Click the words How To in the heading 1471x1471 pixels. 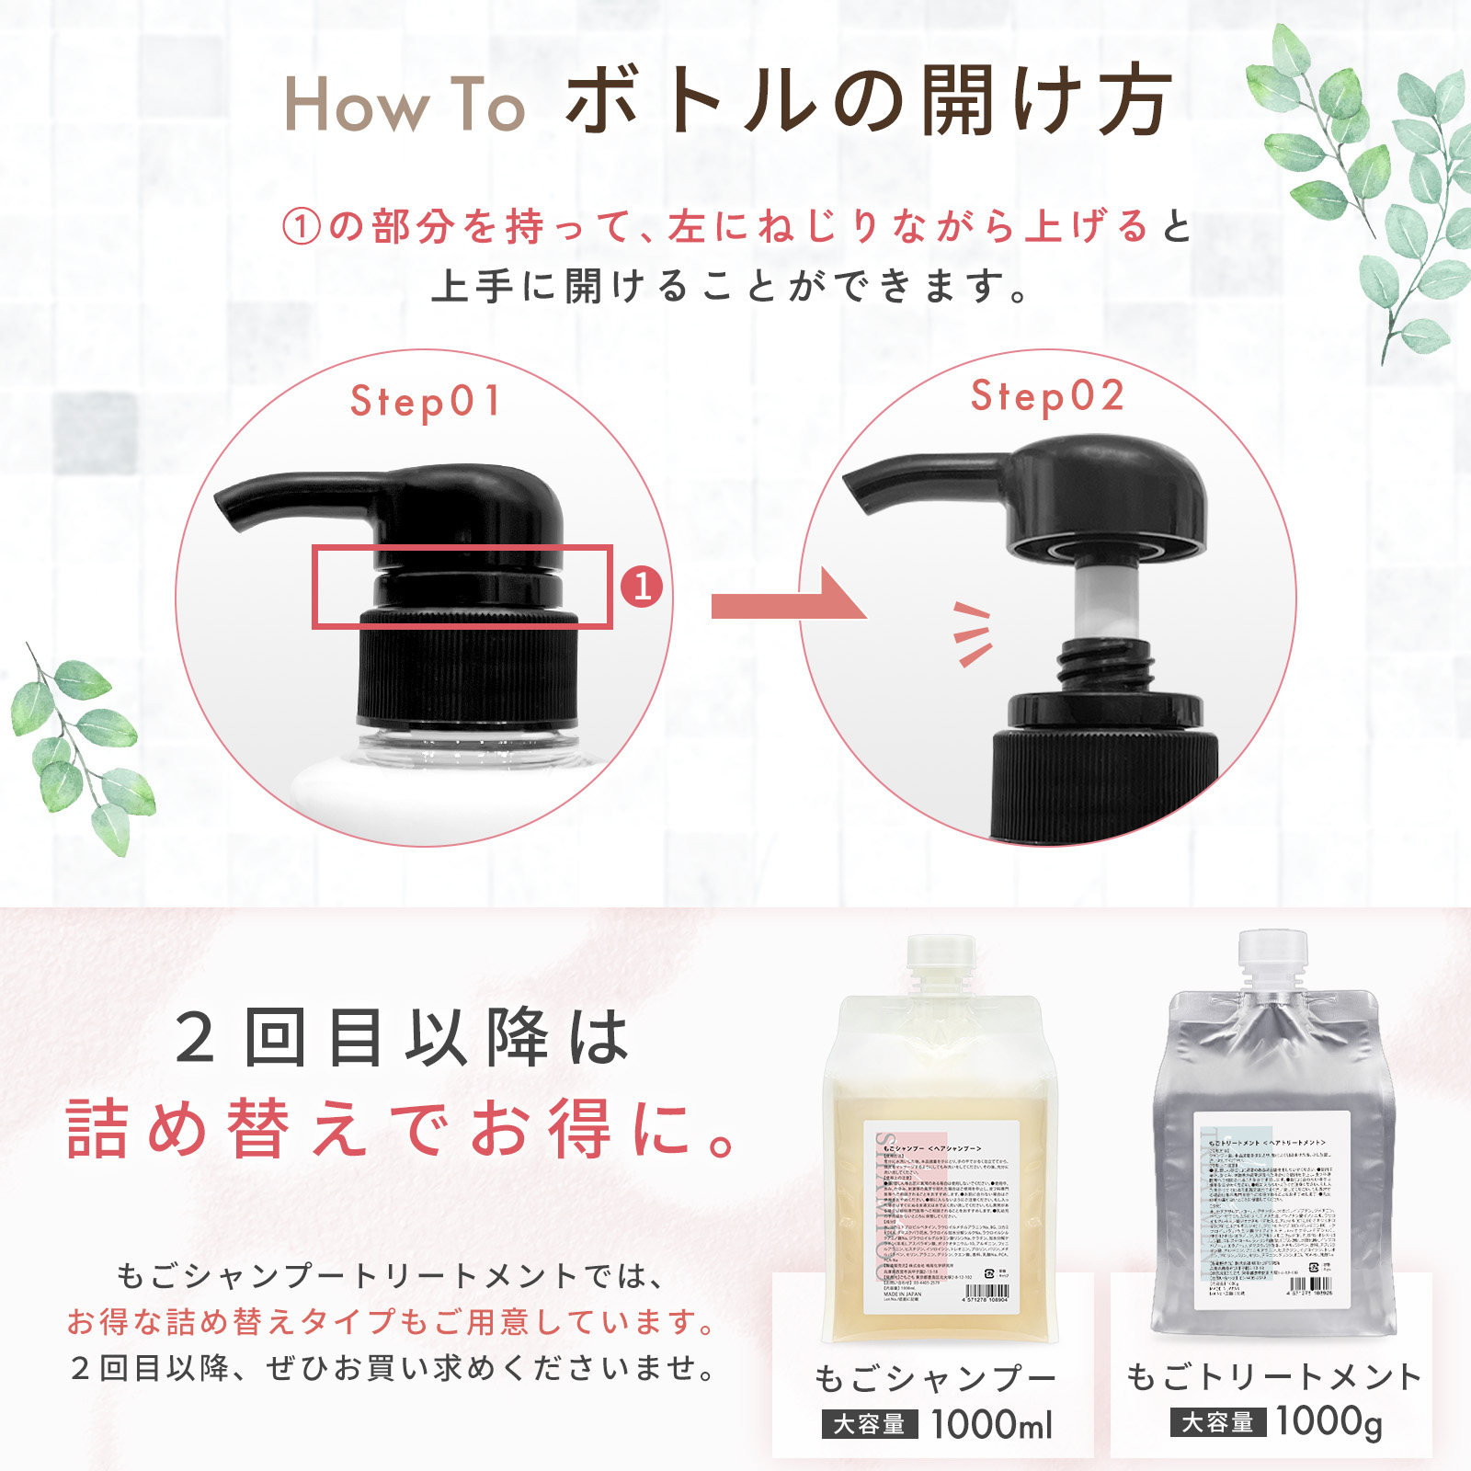(404, 105)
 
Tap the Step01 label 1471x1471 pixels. (425, 401)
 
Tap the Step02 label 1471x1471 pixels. (1047, 396)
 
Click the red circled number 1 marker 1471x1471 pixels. (642, 587)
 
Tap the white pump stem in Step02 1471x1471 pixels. (1107, 602)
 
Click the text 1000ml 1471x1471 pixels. (991, 1425)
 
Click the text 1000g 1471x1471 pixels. (1328, 1421)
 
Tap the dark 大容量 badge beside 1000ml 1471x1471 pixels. (869, 1425)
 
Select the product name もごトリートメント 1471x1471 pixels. (1272, 1376)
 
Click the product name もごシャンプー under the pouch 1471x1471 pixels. (935, 1378)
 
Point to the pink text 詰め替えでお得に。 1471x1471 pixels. (400, 1128)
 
